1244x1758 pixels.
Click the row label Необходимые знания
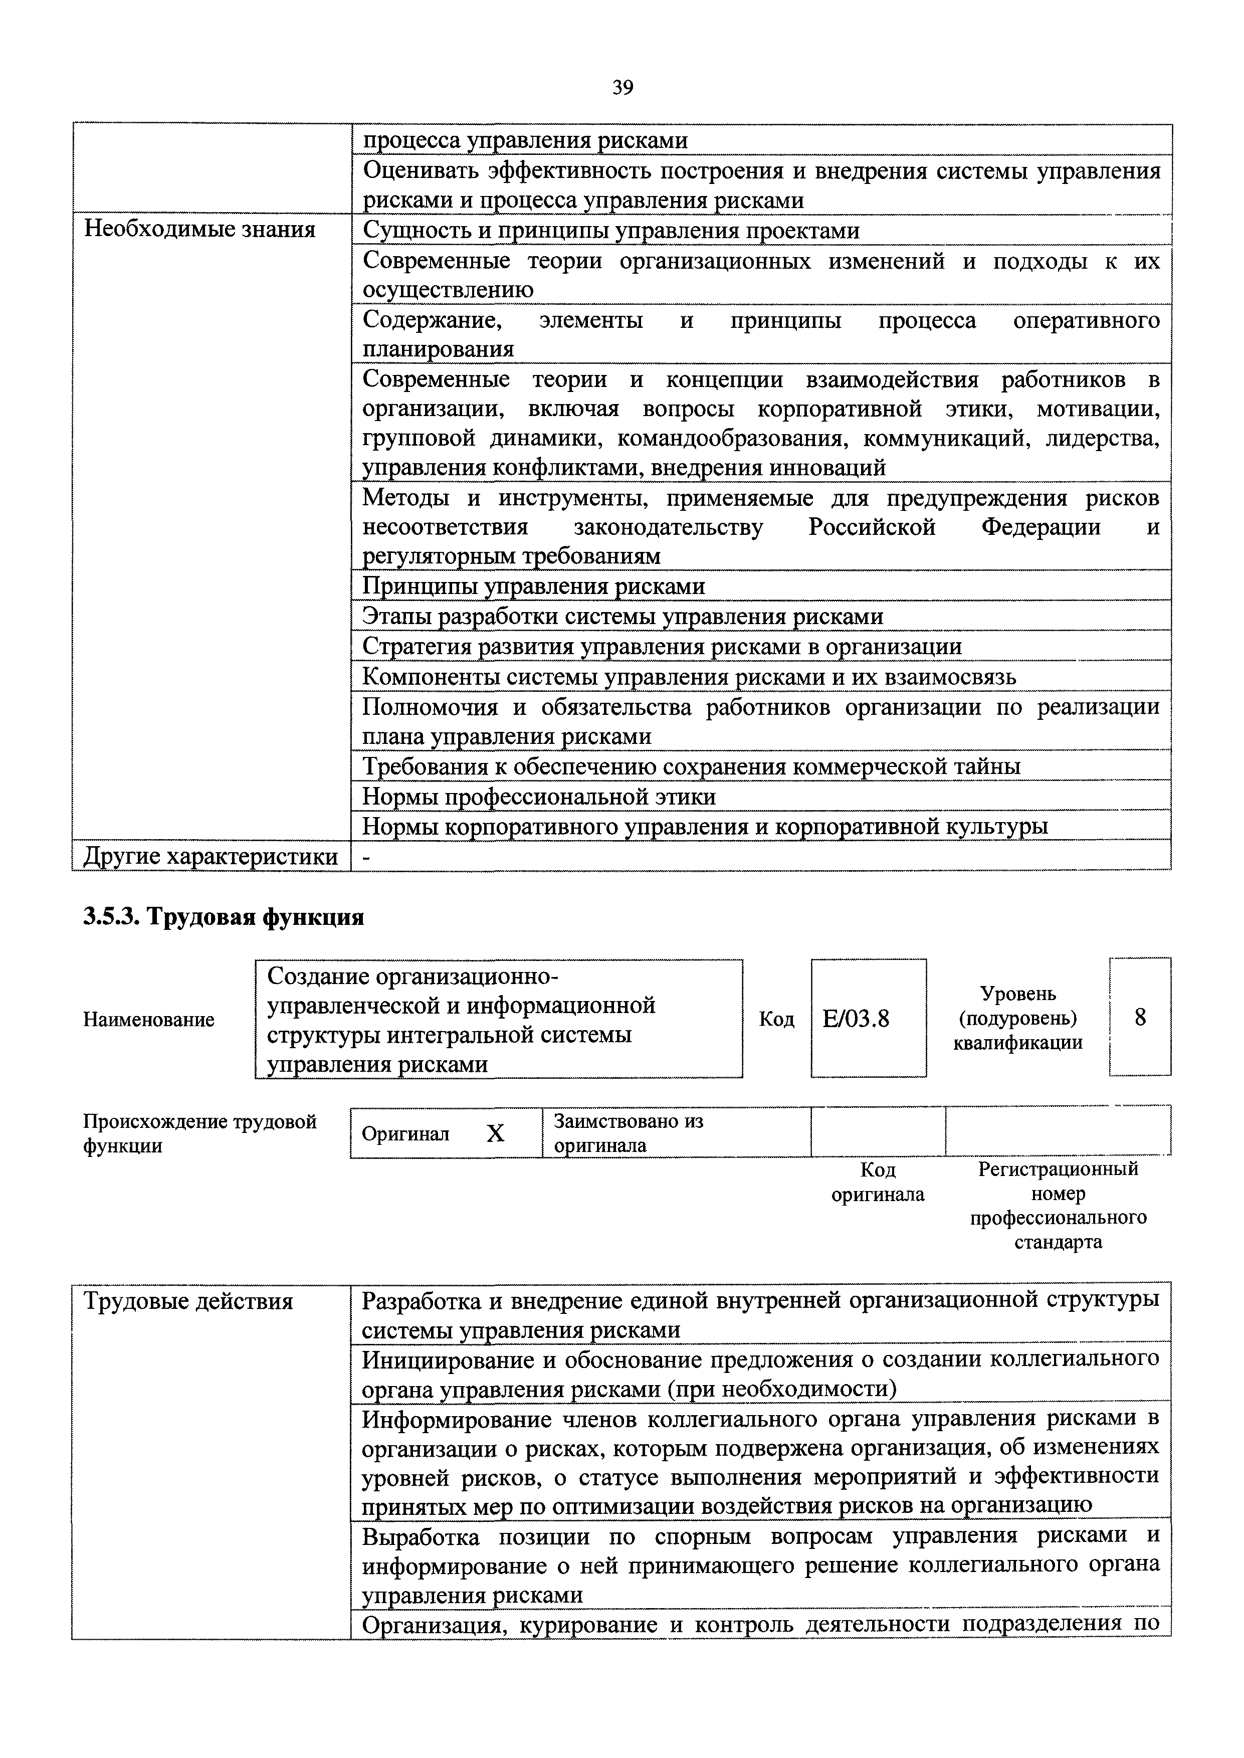[x=199, y=229]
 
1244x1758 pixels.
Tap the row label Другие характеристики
[x=210, y=856]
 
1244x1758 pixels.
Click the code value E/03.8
[x=856, y=1018]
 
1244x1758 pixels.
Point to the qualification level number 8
[x=1140, y=1017]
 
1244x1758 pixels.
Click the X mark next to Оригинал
[x=496, y=1133]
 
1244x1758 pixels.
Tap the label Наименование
[x=148, y=1020]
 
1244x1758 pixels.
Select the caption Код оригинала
[x=878, y=1182]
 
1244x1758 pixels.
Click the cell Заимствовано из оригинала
[x=628, y=1133]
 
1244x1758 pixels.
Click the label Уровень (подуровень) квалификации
[x=1017, y=1018]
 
